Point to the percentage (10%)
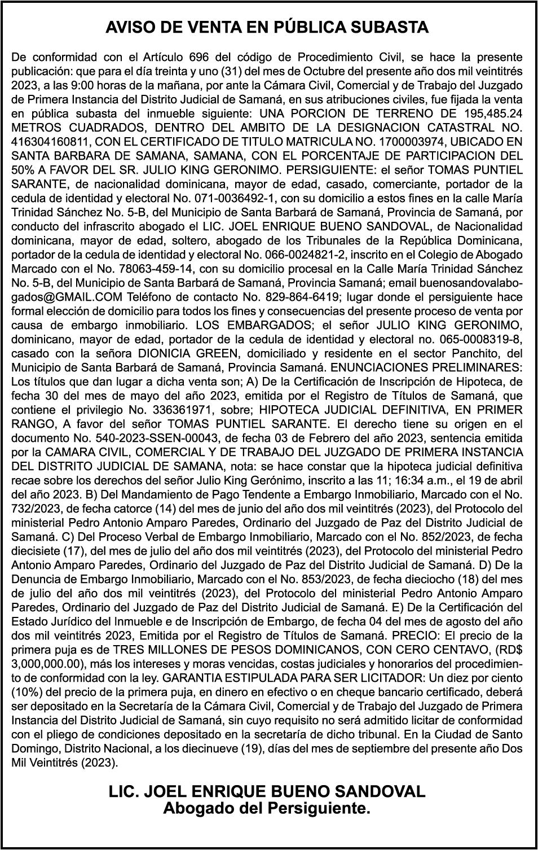click(26, 692)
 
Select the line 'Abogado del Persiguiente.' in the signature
click(267, 809)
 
